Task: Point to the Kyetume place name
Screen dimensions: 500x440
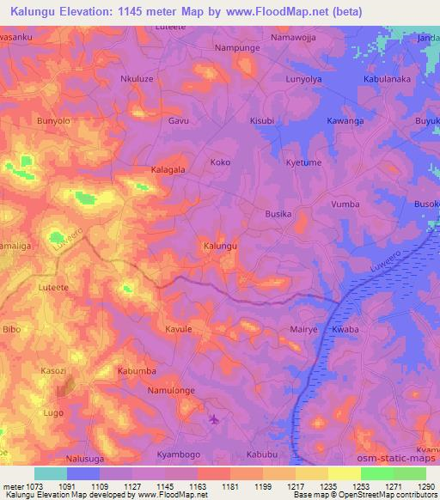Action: click(x=302, y=162)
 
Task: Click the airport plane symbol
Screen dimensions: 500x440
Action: click(x=214, y=419)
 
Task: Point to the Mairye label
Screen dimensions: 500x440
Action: click(x=303, y=329)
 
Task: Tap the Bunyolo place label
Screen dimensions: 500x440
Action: click(x=53, y=121)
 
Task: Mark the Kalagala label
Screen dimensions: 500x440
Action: click(x=168, y=170)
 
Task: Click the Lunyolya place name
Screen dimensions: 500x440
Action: click(x=302, y=77)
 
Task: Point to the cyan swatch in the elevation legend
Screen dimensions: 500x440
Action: click(x=50, y=473)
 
